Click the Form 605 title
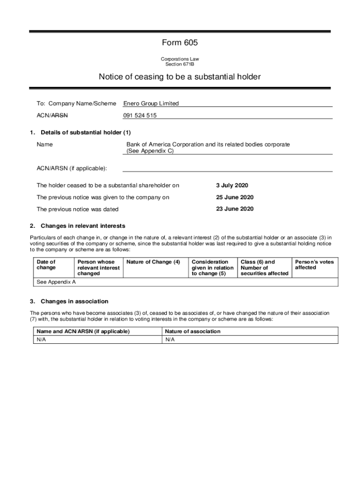tap(180, 43)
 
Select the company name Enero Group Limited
tap(151, 103)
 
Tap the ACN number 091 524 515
tap(140, 116)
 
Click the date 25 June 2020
tap(235, 197)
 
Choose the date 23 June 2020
tap(235, 209)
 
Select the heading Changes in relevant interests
tap(83, 226)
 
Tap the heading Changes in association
tap(74, 301)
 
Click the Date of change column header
tap(46, 265)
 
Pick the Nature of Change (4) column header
tap(153, 262)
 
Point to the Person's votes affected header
tap(314, 265)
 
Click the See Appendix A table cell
tap(56, 282)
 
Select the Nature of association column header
tap(193, 331)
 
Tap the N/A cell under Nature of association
tap(170, 340)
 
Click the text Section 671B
tap(180, 65)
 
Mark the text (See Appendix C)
tap(150, 151)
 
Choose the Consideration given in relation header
tap(212, 268)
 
